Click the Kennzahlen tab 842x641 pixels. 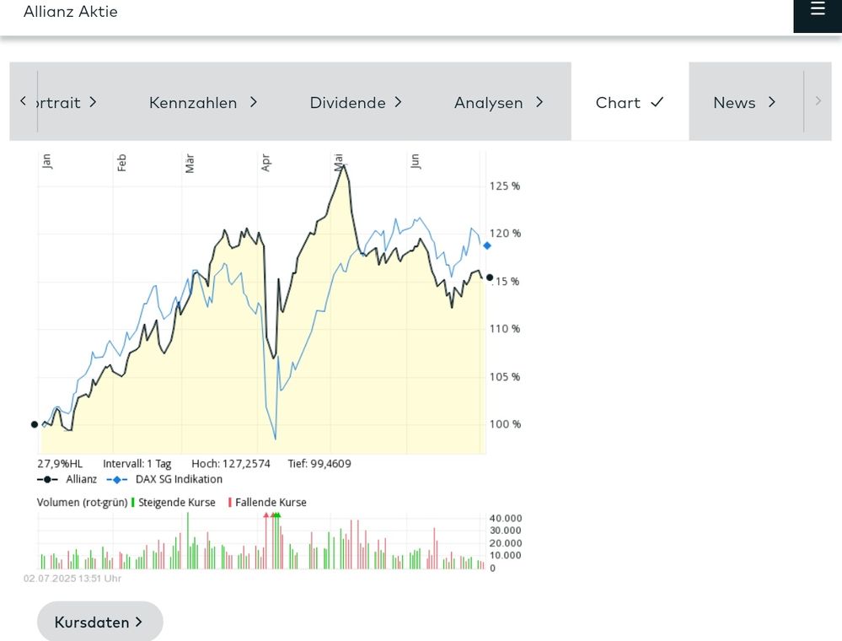(203, 102)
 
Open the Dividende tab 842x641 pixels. (356, 102)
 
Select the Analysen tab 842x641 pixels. (499, 102)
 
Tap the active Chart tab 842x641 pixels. (630, 102)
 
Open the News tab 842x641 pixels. (745, 102)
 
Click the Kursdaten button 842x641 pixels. (100, 622)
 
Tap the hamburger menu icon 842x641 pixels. (818, 8)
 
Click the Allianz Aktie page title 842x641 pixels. (70, 11)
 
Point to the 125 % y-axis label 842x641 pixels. (504, 186)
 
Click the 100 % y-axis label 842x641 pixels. (505, 424)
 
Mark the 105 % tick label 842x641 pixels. (504, 377)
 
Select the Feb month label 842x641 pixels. (122, 162)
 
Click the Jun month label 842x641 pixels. (415, 161)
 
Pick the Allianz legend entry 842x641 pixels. (67, 479)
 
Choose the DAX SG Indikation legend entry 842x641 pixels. (164, 479)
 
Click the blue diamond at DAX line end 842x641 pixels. (486, 245)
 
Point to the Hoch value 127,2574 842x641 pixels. (231, 464)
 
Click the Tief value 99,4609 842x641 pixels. (319, 464)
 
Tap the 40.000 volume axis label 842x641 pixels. (506, 518)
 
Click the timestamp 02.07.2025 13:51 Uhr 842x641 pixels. (72, 578)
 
